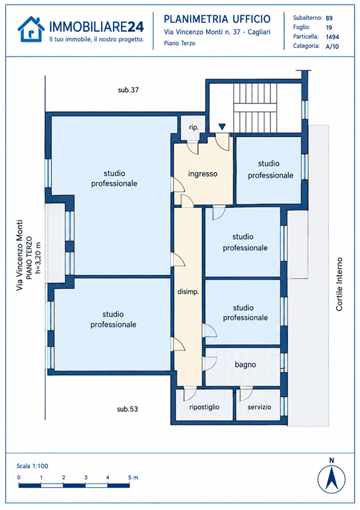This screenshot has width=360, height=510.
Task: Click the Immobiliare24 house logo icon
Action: tap(31, 29)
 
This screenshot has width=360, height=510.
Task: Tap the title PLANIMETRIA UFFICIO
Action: tap(217, 19)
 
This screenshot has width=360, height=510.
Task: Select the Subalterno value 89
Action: tap(329, 18)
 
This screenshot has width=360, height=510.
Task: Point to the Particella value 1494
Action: tap(332, 37)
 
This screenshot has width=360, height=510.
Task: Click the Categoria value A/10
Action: tap(332, 46)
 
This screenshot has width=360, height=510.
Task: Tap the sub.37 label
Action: tap(128, 90)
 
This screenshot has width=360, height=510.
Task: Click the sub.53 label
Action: tap(128, 409)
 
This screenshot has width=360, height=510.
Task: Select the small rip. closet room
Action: tap(193, 127)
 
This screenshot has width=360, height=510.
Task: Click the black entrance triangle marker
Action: tap(222, 127)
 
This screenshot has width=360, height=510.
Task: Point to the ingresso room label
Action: tap(203, 174)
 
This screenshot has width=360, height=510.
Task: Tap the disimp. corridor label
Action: tap(188, 292)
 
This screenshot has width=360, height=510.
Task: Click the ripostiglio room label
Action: tap(204, 407)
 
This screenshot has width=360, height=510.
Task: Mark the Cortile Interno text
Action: tap(339, 284)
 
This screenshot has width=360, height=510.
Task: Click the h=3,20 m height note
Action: tap(39, 258)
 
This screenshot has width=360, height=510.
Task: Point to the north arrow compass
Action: tap(331, 479)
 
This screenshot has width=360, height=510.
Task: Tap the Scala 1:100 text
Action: tap(32, 466)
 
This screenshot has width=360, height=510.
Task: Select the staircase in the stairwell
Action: tap(255, 108)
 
